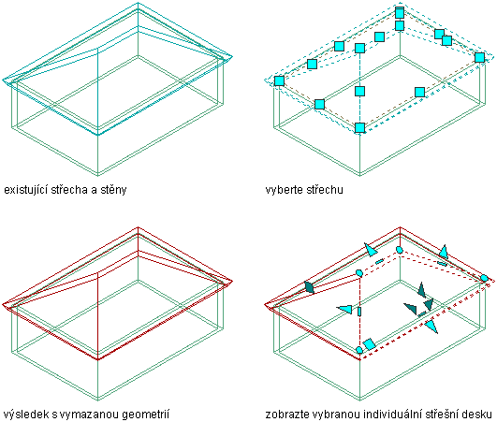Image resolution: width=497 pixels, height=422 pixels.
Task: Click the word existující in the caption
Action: point(25,190)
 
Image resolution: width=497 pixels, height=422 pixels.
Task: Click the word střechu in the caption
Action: point(325,190)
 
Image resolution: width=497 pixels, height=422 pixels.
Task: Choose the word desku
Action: point(477,415)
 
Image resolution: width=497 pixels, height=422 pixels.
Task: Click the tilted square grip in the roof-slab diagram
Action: point(370,344)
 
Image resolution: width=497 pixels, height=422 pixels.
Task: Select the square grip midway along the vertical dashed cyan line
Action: point(359,92)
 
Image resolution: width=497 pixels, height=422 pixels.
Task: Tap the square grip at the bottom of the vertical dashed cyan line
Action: point(359,127)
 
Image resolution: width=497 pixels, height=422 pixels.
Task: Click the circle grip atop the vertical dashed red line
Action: point(359,273)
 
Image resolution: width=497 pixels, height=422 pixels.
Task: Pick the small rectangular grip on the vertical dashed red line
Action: point(359,312)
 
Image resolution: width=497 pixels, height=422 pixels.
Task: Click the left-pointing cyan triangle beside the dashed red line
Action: point(344,309)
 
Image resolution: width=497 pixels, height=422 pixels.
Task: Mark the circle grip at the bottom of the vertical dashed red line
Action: point(359,350)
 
